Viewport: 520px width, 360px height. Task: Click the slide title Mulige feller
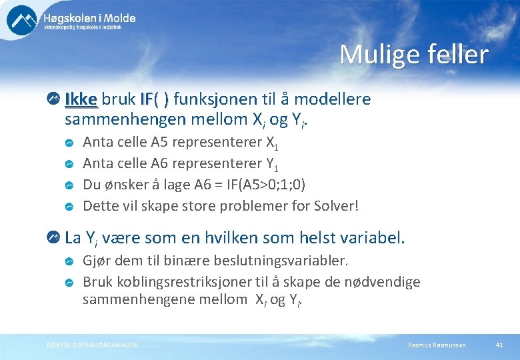pos(413,55)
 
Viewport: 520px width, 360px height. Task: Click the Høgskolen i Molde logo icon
pos(22,20)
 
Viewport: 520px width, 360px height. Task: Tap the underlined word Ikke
pos(81,99)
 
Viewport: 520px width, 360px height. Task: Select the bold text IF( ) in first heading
pos(155,99)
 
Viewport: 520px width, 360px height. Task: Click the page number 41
pos(499,344)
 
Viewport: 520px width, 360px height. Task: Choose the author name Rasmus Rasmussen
pos(437,344)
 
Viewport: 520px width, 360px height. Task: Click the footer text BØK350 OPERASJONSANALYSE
pos(93,344)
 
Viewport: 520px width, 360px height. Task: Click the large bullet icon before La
pos(53,237)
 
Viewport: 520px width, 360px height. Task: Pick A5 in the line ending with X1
pos(160,141)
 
